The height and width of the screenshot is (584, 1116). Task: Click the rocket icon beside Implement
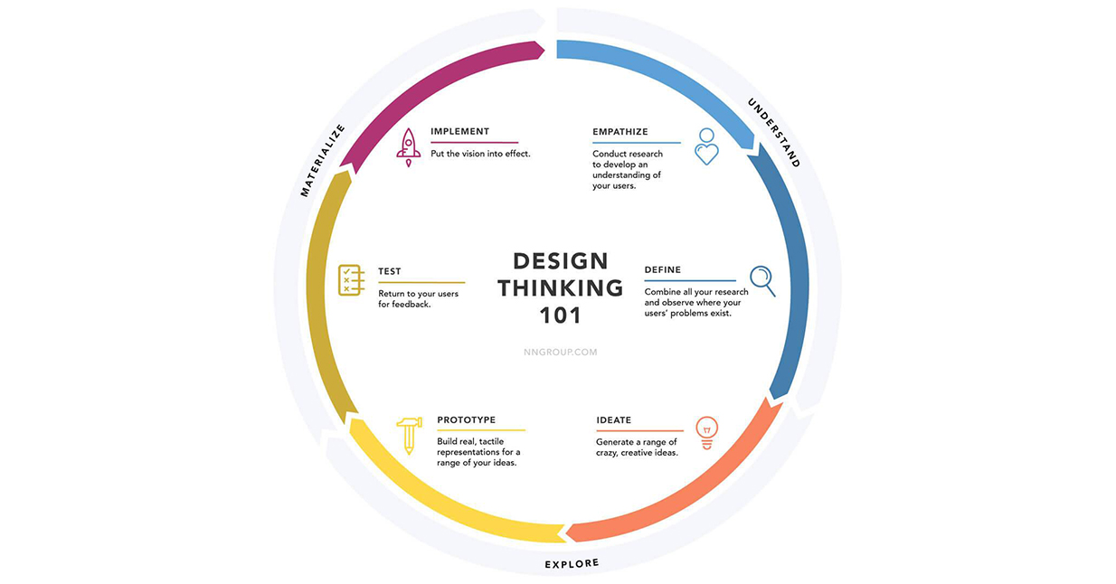pyautogui.click(x=408, y=148)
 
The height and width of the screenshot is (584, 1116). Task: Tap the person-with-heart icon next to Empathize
pyautogui.click(x=706, y=146)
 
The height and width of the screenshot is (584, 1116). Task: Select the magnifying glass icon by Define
pyautogui.click(x=762, y=281)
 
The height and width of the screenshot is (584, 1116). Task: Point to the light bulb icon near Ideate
pyautogui.click(x=706, y=433)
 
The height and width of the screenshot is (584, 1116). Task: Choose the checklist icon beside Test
pyautogui.click(x=351, y=280)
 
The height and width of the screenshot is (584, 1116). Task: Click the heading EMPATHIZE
pyautogui.click(x=620, y=132)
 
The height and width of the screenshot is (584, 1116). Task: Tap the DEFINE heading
pyautogui.click(x=663, y=269)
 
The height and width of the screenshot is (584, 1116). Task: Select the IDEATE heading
pyautogui.click(x=614, y=420)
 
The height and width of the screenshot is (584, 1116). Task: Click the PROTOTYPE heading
pyautogui.click(x=467, y=419)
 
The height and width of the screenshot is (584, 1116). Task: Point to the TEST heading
pyautogui.click(x=389, y=271)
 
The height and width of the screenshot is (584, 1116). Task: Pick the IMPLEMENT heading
pyautogui.click(x=459, y=131)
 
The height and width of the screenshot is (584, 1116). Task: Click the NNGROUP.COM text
pyautogui.click(x=561, y=352)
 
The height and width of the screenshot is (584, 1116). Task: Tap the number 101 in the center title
pyautogui.click(x=561, y=316)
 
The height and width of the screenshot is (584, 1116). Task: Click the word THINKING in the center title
pyautogui.click(x=561, y=288)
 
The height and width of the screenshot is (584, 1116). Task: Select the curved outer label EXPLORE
pyautogui.click(x=572, y=563)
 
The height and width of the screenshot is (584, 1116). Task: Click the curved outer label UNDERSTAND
pyautogui.click(x=774, y=132)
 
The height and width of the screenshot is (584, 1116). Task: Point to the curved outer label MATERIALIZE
pyautogui.click(x=322, y=160)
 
